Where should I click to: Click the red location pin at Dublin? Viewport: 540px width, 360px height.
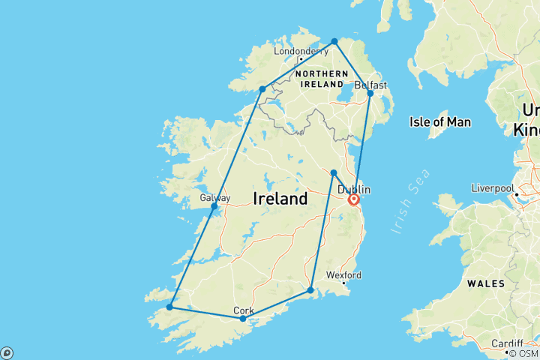(x=353, y=199)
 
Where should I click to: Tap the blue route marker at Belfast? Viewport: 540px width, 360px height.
(x=370, y=93)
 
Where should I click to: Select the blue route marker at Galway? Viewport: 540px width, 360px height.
(x=214, y=205)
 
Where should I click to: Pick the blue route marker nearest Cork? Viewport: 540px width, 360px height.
(x=242, y=319)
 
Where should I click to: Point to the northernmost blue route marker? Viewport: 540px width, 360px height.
(x=334, y=41)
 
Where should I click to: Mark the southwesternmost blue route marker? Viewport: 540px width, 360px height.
(x=170, y=307)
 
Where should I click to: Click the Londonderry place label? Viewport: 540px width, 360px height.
(x=301, y=51)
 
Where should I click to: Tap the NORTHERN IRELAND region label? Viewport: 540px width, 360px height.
(x=322, y=79)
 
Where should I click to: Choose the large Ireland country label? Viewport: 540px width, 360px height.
(x=280, y=199)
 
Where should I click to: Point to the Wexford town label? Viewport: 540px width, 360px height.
(x=343, y=274)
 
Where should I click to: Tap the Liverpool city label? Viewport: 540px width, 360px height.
(x=492, y=187)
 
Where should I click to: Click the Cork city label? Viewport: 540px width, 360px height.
(x=244, y=310)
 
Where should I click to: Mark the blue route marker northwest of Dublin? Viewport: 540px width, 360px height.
(x=334, y=173)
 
